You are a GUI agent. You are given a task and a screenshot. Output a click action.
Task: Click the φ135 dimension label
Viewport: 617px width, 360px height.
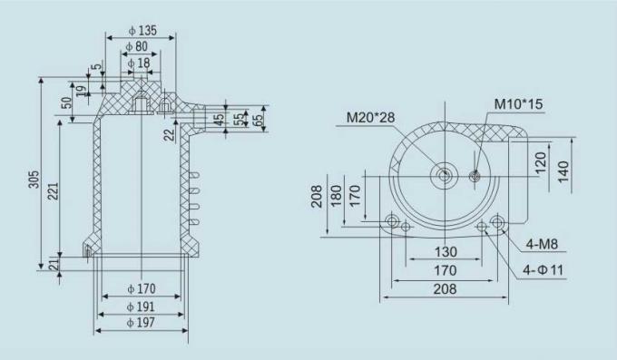142,31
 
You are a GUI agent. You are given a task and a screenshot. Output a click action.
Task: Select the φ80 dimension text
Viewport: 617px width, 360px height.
137,46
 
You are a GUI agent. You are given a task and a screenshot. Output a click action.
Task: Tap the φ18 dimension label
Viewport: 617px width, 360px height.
138,63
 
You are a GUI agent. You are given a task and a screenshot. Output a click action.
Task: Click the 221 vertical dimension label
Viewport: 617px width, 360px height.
54,192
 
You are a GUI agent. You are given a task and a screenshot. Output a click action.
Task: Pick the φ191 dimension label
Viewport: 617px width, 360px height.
142,306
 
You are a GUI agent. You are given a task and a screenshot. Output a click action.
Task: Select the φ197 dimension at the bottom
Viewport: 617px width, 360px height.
142,323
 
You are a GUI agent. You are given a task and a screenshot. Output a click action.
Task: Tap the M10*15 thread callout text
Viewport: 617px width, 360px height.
518,103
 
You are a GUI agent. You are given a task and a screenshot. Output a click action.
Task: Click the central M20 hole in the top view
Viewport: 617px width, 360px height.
443,176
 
